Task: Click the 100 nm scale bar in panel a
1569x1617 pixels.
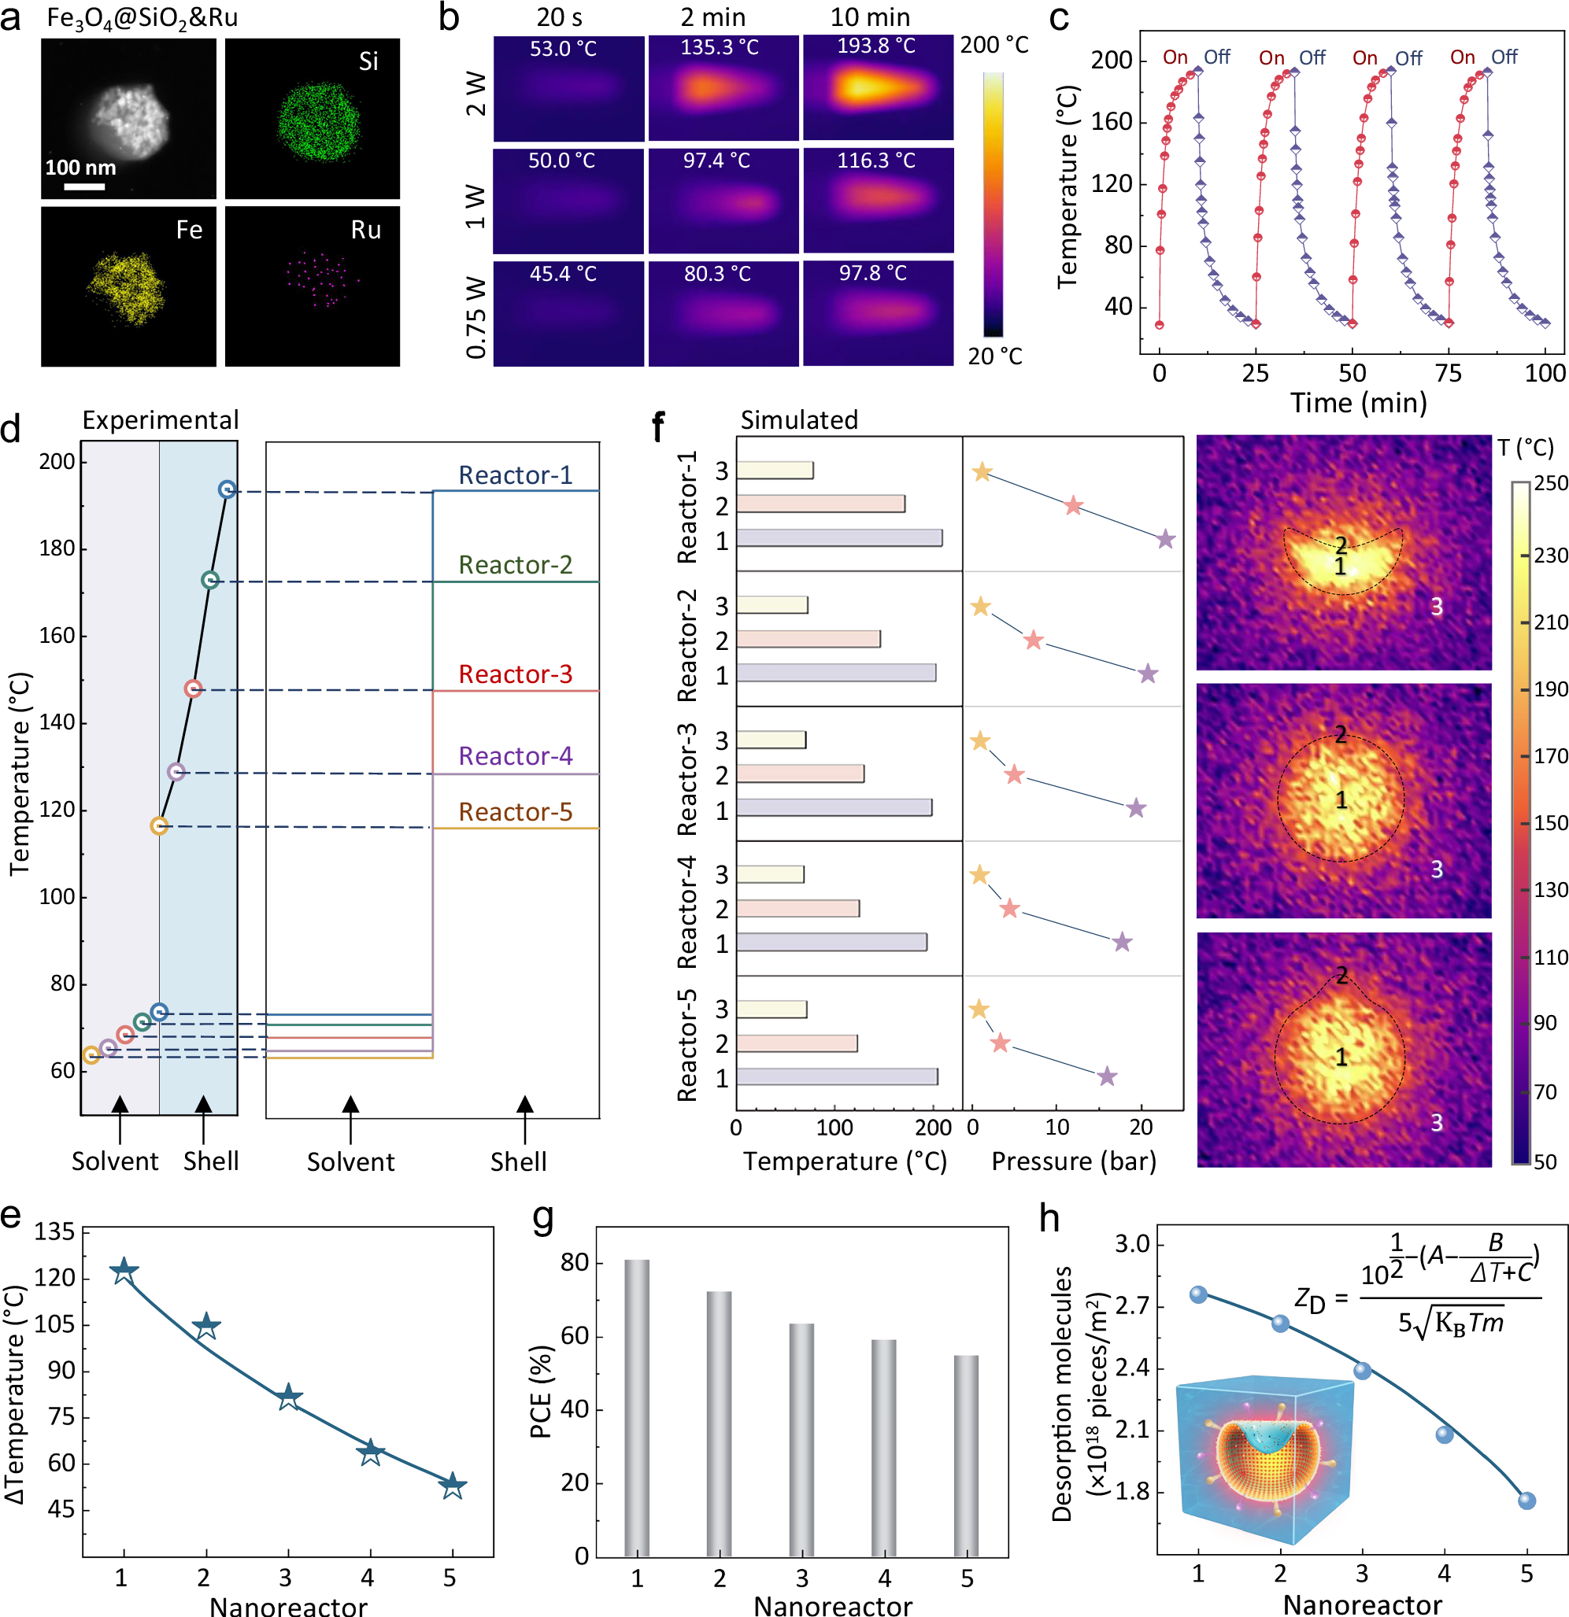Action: pyautogui.click(x=84, y=186)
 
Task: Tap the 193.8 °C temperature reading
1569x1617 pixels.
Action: pyautogui.click(x=875, y=46)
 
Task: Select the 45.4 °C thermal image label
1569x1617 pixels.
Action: pyautogui.click(x=563, y=274)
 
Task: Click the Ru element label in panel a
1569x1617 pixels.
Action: pyautogui.click(x=365, y=231)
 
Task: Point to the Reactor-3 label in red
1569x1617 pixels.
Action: pyautogui.click(x=515, y=675)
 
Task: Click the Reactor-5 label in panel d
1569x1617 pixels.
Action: pyautogui.click(x=515, y=813)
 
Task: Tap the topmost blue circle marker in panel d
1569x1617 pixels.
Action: pyautogui.click(x=227, y=490)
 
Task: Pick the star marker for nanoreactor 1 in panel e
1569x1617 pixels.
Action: pyautogui.click(x=124, y=1272)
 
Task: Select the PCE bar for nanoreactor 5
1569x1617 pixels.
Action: pyautogui.click(x=966, y=1456)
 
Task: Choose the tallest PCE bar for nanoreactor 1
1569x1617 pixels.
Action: pyautogui.click(x=636, y=1408)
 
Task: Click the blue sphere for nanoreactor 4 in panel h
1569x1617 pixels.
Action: pyautogui.click(x=1444, y=1434)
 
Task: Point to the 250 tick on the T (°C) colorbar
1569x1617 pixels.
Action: pyautogui.click(x=1550, y=483)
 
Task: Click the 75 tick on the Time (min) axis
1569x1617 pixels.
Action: pyautogui.click(x=1448, y=374)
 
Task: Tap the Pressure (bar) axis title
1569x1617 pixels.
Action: pyautogui.click(x=1073, y=1161)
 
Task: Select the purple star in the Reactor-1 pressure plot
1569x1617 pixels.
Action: pyautogui.click(x=1164, y=541)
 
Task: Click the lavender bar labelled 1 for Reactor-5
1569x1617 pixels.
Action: pyautogui.click(x=837, y=1076)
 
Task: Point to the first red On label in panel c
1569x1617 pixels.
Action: pyautogui.click(x=1175, y=57)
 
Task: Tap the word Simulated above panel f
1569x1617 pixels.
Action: pyautogui.click(x=798, y=421)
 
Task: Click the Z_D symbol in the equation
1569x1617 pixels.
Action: pyautogui.click(x=1309, y=1301)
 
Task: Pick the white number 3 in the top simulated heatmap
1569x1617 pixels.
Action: pyautogui.click(x=1436, y=607)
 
